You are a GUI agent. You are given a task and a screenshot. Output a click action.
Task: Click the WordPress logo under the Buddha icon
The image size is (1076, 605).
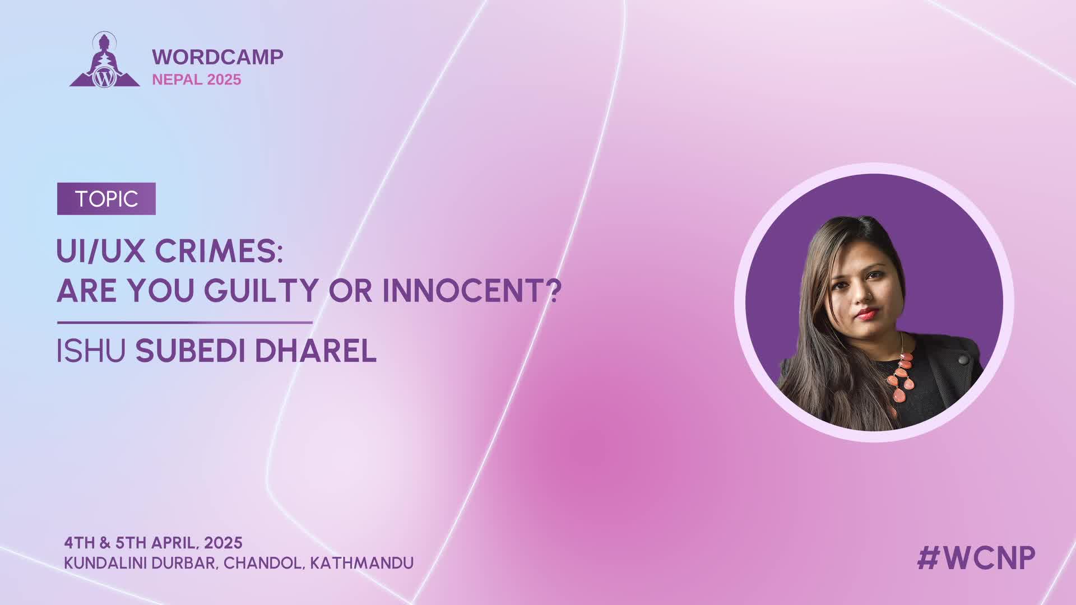[104, 77]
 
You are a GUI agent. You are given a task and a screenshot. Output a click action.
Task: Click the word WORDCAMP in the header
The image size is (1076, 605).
[217, 57]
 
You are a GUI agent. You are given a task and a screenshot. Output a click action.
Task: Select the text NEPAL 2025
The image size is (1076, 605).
[197, 80]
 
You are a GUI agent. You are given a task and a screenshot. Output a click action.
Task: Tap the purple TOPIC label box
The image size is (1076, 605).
[106, 199]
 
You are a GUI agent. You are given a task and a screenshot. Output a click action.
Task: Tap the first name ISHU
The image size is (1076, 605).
[91, 351]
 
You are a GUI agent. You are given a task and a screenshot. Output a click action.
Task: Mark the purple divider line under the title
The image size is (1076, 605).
[184, 323]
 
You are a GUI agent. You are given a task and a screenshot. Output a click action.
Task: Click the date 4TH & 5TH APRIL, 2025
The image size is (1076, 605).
[153, 543]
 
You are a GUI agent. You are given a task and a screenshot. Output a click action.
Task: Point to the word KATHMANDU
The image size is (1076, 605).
[362, 563]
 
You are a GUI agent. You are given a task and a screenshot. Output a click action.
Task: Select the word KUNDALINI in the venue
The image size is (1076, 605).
[106, 563]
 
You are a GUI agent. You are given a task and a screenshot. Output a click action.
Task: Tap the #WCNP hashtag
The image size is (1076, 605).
[976, 558]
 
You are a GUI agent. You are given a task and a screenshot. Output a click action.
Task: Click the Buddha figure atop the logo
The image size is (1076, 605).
[104, 50]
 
